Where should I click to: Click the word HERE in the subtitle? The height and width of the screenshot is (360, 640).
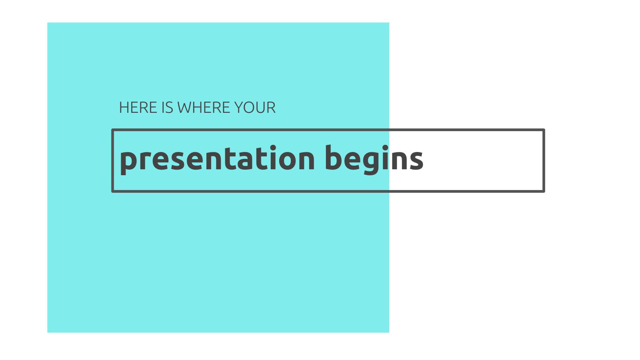coord(138,108)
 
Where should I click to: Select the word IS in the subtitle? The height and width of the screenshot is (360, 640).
coord(168,108)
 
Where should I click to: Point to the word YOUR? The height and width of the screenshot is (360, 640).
coord(255,108)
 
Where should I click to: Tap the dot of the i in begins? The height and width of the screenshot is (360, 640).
coord(385,148)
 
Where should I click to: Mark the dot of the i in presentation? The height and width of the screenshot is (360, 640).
coord(273,148)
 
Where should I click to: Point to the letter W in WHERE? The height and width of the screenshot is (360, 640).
coord(185,108)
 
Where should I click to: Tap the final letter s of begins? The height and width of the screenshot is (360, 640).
coord(416,160)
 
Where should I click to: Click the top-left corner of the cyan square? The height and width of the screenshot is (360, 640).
coord(48,22)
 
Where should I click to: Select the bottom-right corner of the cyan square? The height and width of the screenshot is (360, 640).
coord(389,332)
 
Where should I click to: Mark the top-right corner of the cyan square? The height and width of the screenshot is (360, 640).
coord(389,22)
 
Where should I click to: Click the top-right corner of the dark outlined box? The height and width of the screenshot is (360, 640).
coord(544,130)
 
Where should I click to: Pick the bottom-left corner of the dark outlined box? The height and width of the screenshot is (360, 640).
coord(112,192)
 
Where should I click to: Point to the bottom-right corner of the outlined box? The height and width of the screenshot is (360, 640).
coord(544,192)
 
